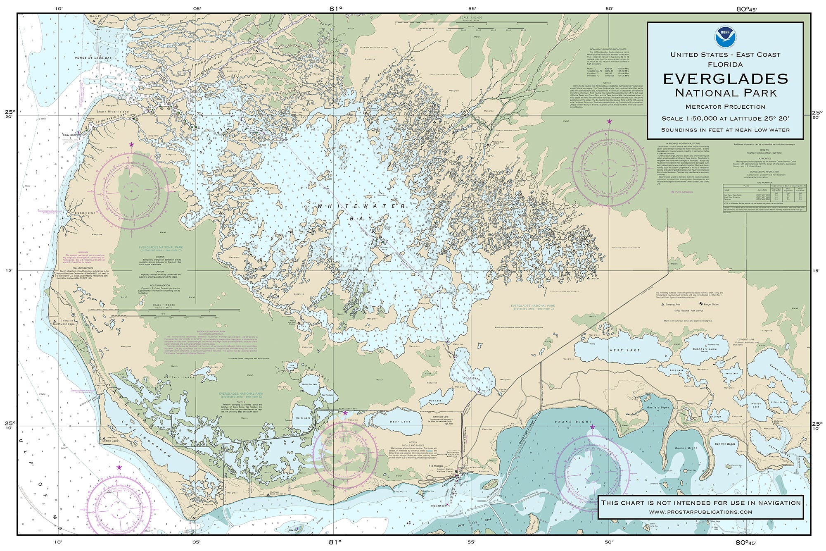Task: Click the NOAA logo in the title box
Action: click(725, 35)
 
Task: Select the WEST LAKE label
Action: click(618, 350)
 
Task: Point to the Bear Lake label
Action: click(400, 422)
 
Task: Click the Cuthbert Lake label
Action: click(705, 349)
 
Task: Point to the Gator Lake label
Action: click(303, 418)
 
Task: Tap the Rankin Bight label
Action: click(686, 448)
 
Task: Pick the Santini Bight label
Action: click(725, 444)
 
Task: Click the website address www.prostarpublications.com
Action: click(700, 512)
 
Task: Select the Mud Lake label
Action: click(435, 401)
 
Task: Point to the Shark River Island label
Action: click(112, 112)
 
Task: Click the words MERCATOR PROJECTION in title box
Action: click(725, 107)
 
